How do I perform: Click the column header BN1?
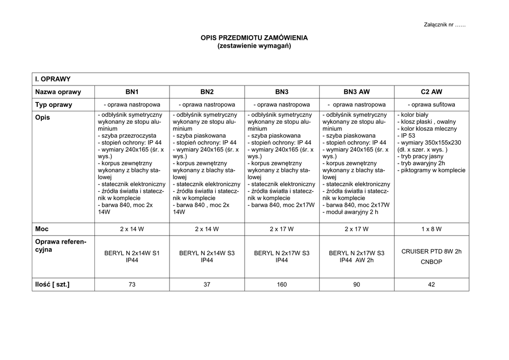[x=132, y=92]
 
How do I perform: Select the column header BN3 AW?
[x=356, y=92]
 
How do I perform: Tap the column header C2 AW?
[x=431, y=92]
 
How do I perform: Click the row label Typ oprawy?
[x=54, y=105]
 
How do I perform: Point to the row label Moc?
[x=42, y=229]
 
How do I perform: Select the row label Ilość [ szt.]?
[x=52, y=284]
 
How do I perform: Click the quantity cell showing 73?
[x=132, y=285]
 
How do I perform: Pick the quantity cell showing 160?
[x=281, y=285]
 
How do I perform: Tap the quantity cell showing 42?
[x=431, y=285]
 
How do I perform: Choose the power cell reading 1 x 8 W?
[x=431, y=229]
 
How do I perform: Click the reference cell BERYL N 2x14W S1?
[x=132, y=253]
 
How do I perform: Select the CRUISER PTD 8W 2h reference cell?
[x=431, y=252]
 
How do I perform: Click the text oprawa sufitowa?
[x=431, y=105]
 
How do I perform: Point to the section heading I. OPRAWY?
[x=53, y=79]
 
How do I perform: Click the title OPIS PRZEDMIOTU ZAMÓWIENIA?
[x=254, y=38]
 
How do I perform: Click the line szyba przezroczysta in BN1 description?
[x=128, y=135]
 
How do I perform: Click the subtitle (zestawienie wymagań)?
[x=254, y=46]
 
